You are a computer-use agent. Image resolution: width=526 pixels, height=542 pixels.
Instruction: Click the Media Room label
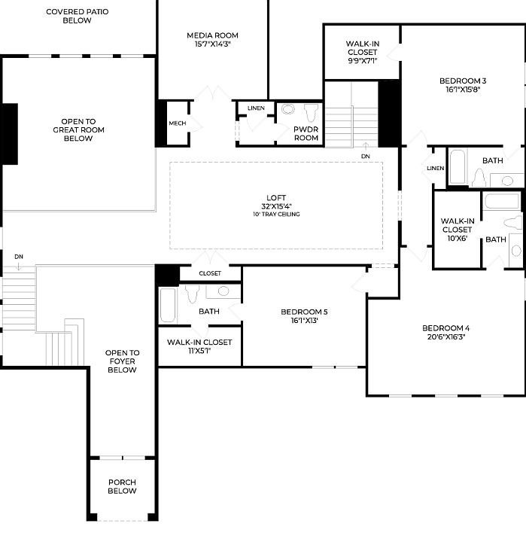coord(212,35)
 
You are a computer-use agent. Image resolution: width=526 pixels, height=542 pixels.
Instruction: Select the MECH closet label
coord(177,123)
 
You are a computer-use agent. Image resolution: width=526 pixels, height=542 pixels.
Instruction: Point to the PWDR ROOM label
coord(306,133)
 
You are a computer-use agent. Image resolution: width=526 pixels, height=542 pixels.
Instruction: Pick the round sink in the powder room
coord(287,110)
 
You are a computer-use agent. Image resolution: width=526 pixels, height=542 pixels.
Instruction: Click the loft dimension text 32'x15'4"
coord(277,206)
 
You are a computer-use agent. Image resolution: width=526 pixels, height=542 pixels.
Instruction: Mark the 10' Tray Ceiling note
coord(277,215)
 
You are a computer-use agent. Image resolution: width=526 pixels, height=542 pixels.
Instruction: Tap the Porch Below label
coord(122,486)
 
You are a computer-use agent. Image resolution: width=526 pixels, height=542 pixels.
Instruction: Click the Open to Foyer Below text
coord(122,361)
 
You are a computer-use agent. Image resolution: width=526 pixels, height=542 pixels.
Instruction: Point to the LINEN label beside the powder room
coord(256,108)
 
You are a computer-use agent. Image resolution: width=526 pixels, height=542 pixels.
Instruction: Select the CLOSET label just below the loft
coord(211,273)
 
